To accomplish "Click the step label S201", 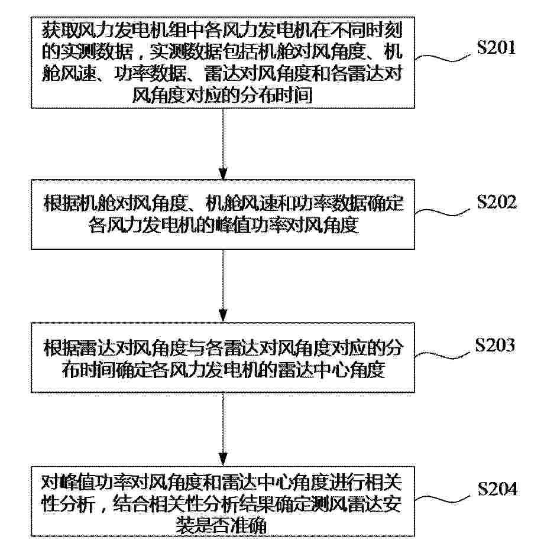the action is [496, 47].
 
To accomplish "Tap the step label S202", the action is [497, 201].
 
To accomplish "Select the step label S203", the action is [495, 344].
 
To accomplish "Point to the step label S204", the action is [497, 489].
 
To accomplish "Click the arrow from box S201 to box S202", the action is [223, 144].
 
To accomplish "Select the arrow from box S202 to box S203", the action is [223, 286].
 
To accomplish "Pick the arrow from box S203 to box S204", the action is [223, 429].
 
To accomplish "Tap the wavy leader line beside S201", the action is [443, 58].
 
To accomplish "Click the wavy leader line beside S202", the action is [443, 212].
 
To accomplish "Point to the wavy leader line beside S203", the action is [443, 355].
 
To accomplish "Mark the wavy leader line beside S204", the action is [443, 499].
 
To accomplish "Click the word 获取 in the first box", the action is [60, 30].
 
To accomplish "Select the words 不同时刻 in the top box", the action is [367, 30].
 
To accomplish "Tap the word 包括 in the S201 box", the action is [241, 51].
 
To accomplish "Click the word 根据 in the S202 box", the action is [61, 203].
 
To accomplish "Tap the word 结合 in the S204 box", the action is [132, 504].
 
